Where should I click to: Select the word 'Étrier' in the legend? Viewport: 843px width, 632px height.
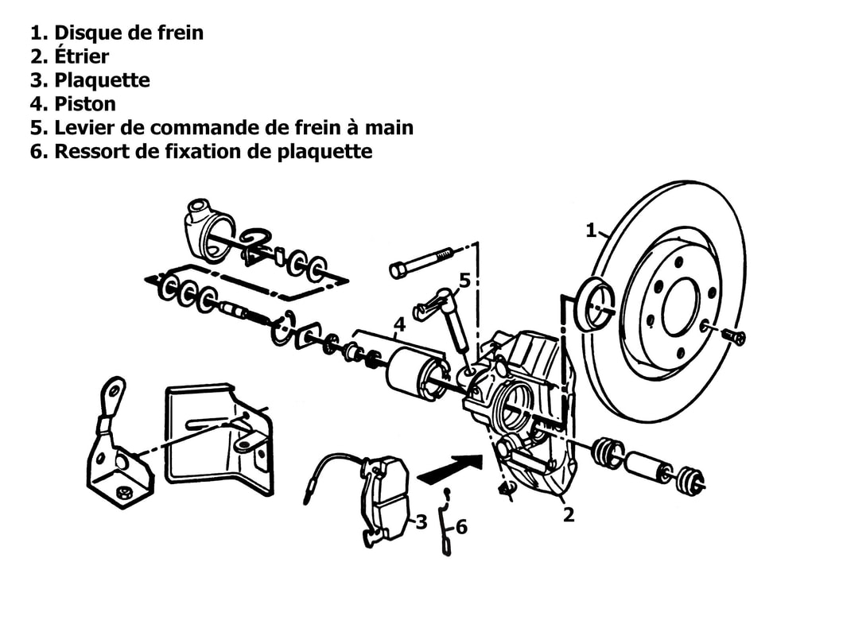coord(82,56)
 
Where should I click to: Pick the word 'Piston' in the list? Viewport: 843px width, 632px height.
coord(85,103)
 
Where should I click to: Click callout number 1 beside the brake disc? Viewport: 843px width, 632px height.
coord(591,231)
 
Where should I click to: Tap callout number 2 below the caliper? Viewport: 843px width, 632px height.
coord(569,515)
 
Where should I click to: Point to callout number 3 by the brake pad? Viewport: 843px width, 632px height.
coord(421,521)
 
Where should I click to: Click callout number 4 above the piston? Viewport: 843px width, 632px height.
coord(399,324)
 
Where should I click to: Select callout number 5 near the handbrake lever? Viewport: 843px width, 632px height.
coord(465,280)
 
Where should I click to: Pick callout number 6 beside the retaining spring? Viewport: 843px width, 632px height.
coord(461,527)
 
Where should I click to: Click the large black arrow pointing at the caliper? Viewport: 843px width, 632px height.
coord(450,469)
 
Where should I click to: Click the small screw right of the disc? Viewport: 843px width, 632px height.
coord(733,336)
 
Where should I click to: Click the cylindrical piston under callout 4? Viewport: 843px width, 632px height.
coord(417,374)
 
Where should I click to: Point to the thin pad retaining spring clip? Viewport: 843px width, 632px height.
coord(445,522)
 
